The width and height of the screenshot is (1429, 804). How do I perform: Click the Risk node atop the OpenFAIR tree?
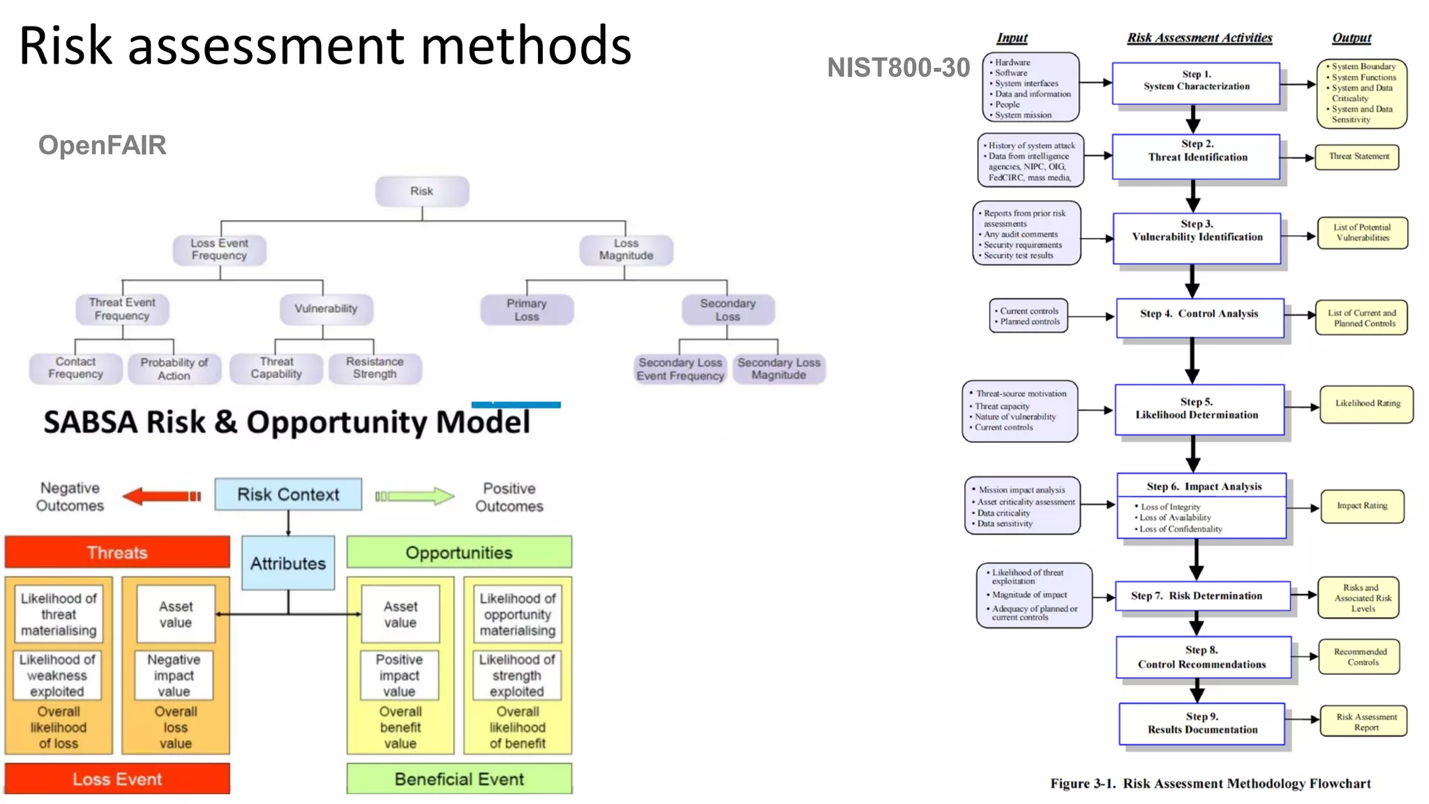point(421,191)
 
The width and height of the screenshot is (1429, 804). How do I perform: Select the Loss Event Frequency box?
point(219,250)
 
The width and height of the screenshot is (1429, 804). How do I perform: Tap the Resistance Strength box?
point(375,368)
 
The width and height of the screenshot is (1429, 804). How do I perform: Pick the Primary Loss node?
point(527,310)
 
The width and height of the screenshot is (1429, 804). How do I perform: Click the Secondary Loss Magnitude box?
point(779,368)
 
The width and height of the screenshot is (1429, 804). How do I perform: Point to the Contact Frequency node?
point(75,368)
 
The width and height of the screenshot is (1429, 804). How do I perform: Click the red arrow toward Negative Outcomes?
point(161,496)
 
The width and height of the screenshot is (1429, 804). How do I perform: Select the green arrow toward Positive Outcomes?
point(415,496)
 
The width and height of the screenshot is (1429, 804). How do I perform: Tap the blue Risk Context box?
point(288,494)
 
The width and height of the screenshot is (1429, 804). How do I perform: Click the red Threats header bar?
point(117,552)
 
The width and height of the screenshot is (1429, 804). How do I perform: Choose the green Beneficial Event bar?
point(459,779)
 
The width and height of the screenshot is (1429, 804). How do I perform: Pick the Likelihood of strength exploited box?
point(517,675)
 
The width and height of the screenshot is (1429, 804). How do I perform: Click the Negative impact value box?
point(174,675)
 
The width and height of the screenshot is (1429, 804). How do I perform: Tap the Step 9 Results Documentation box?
point(1202,723)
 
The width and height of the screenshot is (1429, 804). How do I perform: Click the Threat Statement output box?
point(1358,156)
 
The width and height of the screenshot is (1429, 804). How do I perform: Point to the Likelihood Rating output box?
point(1367,403)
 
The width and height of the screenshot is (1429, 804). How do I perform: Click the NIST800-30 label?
point(898,68)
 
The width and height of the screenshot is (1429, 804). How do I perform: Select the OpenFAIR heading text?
point(102,145)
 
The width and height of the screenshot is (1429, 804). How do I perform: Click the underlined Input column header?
point(1012,38)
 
